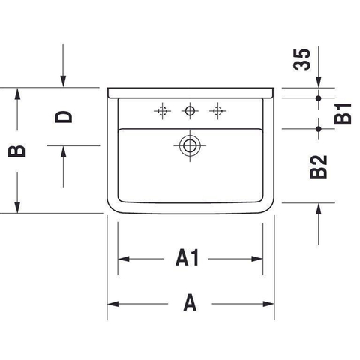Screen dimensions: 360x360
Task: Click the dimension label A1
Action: (187, 257)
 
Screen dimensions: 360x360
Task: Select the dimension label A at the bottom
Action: (190, 302)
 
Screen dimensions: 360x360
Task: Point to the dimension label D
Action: (64, 117)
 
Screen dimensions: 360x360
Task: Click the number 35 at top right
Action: (301, 59)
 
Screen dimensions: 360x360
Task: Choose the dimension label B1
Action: (343, 114)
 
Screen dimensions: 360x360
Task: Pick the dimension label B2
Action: (318, 167)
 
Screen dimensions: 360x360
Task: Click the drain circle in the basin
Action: (190, 145)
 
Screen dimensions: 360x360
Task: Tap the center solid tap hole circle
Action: (190, 111)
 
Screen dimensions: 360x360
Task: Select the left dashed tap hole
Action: (163, 111)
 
